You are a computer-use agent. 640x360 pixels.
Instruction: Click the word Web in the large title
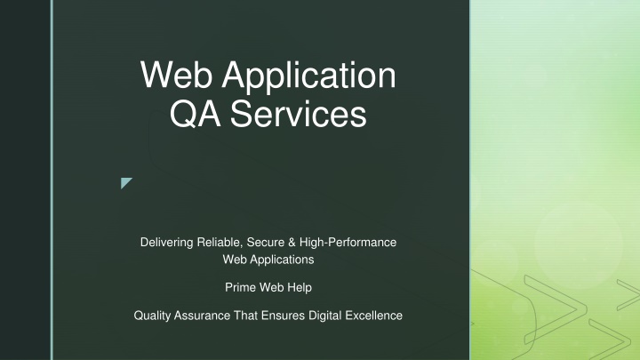click(x=176, y=75)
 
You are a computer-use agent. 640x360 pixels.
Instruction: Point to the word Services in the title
click(x=299, y=114)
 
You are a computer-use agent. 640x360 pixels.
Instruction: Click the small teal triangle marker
click(x=125, y=182)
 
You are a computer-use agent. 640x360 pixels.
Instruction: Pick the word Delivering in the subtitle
click(x=166, y=243)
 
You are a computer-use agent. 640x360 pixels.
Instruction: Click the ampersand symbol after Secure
click(x=292, y=242)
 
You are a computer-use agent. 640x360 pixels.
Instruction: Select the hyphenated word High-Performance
click(x=348, y=243)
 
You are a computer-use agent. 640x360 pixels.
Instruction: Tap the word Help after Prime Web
click(x=300, y=288)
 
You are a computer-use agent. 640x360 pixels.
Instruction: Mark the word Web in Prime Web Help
click(x=271, y=287)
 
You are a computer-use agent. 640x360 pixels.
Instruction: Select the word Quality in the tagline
click(x=152, y=316)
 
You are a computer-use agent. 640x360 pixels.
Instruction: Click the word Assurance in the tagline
click(x=202, y=316)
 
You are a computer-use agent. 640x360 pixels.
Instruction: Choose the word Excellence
click(x=374, y=316)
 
